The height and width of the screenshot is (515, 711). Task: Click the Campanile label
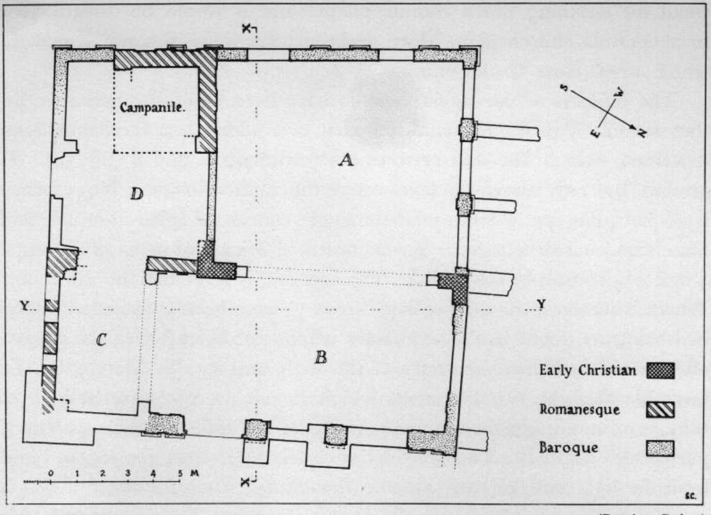click(x=153, y=108)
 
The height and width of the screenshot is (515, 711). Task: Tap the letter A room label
click(x=345, y=159)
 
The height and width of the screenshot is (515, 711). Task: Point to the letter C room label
click(x=101, y=340)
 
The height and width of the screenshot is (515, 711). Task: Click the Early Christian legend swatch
click(x=661, y=372)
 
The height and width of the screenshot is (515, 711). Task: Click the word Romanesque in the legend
click(x=579, y=410)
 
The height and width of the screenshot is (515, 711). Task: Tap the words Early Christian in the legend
click(x=587, y=372)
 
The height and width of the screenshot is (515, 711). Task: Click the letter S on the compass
click(x=566, y=88)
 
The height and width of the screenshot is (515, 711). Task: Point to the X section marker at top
click(x=245, y=29)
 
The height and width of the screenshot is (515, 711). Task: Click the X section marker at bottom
click(x=245, y=482)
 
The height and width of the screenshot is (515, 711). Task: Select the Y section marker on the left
click(x=25, y=306)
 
